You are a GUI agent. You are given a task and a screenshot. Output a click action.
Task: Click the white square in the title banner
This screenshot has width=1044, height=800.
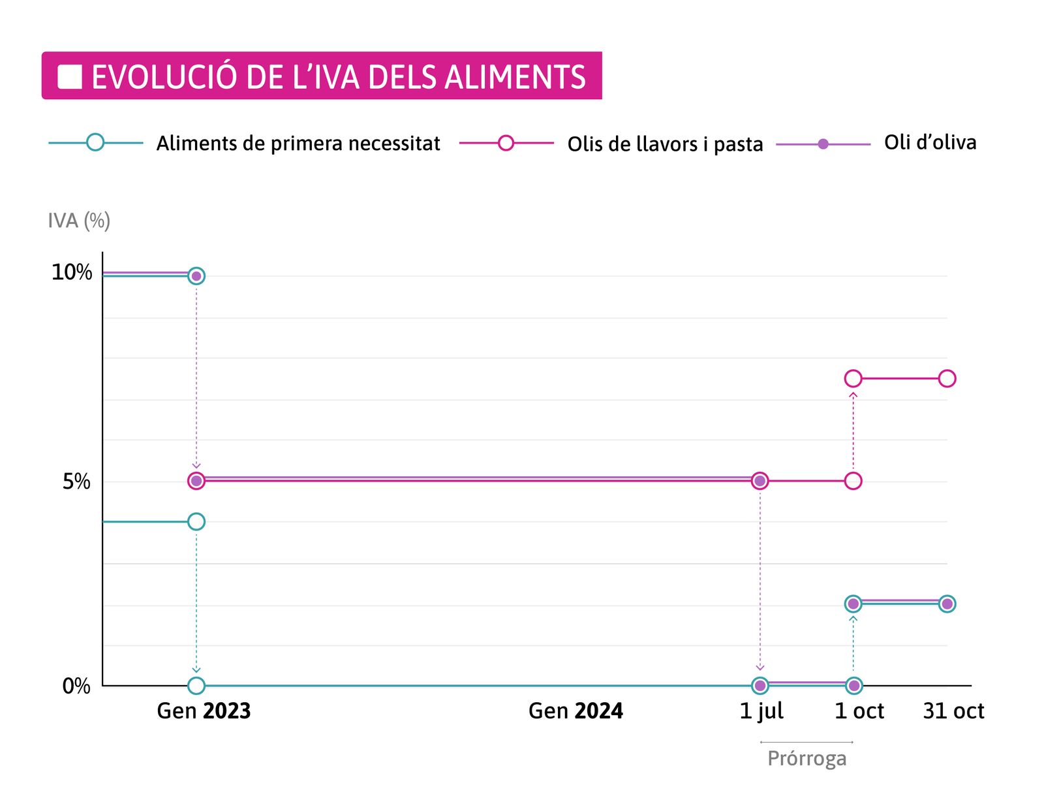pyautogui.click(x=70, y=77)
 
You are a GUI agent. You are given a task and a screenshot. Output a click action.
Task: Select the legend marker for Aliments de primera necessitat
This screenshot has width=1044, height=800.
pyautogui.click(x=95, y=142)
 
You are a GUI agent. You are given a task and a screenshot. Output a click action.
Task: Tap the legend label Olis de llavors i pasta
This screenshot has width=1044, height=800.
pyautogui.click(x=664, y=144)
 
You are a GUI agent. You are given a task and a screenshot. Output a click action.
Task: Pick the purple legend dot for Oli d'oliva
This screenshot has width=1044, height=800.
pyautogui.click(x=823, y=144)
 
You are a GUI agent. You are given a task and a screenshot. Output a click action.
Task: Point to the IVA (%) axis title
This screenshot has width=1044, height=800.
pyautogui.click(x=79, y=221)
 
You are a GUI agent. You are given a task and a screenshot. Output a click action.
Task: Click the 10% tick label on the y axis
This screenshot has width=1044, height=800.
pyautogui.click(x=72, y=272)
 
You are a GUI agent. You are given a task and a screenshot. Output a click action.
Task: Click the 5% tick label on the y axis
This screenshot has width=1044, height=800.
pyautogui.click(x=76, y=482)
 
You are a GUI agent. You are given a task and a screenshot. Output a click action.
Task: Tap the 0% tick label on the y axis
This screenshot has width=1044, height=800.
pyautogui.click(x=76, y=686)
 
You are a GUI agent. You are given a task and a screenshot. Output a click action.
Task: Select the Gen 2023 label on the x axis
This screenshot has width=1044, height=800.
pyautogui.click(x=204, y=711)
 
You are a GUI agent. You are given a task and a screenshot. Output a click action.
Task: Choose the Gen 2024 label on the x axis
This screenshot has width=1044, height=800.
pyautogui.click(x=576, y=711)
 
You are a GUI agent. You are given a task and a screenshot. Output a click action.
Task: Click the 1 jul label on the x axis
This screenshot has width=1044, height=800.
pyautogui.click(x=761, y=711)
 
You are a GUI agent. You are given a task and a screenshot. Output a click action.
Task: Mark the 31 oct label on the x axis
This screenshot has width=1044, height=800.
pyautogui.click(x=953, y=711)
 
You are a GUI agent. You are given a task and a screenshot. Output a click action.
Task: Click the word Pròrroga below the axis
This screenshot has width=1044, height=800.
pyautogui.click(x=806, y=758)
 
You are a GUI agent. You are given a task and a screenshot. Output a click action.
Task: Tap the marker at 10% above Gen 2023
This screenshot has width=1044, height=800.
pyautogui.click(x=196, y=276)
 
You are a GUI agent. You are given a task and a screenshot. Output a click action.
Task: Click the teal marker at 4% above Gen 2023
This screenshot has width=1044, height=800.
pyautogui.click(x=196, y=521)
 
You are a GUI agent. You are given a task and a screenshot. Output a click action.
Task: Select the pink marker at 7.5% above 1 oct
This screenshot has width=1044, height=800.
pyautogui.click(x=853, y=378)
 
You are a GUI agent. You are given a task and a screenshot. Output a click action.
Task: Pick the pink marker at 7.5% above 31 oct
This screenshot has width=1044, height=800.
pyautogui.click(x=947, y=378)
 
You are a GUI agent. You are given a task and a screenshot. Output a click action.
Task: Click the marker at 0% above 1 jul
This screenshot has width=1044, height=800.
pyautogui.click(x=760, y=685)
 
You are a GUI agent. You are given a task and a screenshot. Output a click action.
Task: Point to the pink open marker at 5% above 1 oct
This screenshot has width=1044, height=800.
pyautogui.click(x=853, y=481)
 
